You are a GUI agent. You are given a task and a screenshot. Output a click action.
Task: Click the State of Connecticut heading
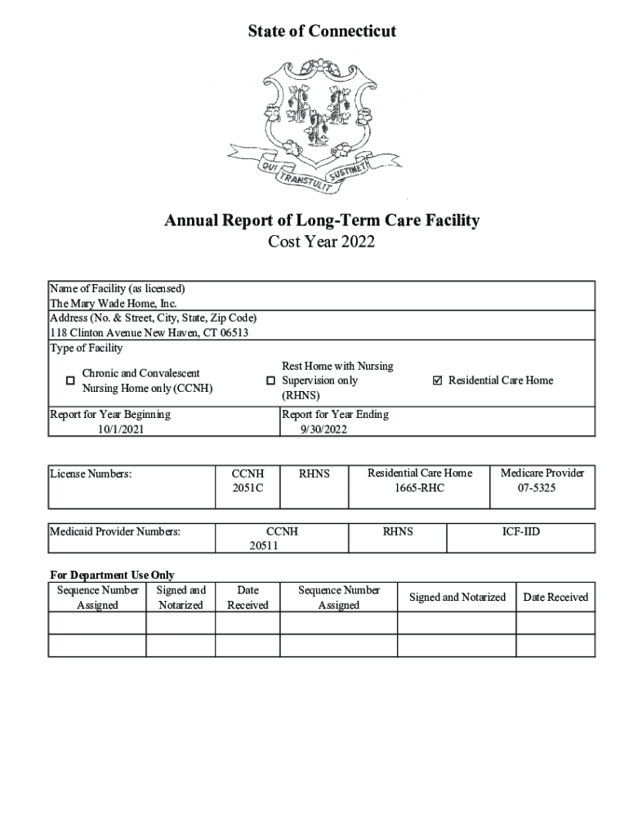point(322,31)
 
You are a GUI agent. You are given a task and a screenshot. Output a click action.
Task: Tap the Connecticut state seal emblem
point(322,126)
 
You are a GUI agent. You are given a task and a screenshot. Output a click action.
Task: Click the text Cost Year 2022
point(322,242)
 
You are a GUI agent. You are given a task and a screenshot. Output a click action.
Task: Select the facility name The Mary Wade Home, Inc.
point(114,303)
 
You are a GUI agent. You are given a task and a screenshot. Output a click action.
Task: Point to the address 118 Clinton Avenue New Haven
point(149,333)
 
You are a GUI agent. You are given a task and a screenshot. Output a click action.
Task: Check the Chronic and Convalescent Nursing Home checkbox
point(70,380)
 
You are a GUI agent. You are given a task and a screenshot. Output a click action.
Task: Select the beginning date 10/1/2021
point(121,429)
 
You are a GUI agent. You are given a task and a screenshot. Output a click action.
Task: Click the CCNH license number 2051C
point(248,488)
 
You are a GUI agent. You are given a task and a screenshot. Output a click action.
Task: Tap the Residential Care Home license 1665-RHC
point(419,488)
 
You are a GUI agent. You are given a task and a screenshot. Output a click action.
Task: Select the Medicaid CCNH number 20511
point(264,546)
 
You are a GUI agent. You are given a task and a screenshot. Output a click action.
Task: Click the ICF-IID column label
point(520,531)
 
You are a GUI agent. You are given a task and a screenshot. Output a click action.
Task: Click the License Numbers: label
point(91,474)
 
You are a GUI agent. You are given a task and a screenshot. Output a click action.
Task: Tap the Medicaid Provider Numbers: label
point(115,531)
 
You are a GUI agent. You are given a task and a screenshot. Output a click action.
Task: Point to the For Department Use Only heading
point(112,575)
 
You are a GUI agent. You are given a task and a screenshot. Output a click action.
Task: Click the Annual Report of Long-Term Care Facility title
point(322,220)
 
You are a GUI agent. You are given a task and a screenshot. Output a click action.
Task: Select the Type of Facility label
point(87,349)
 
